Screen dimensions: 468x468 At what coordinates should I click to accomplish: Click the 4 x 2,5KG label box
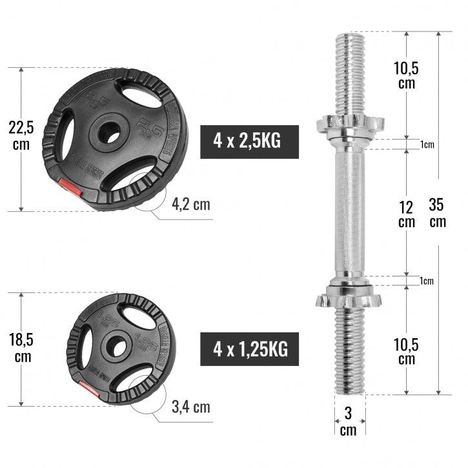249,141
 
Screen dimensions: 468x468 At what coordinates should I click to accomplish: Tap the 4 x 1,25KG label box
249,349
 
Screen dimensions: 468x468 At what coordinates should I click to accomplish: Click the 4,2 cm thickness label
191,205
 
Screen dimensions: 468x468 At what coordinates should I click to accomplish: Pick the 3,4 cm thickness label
191,407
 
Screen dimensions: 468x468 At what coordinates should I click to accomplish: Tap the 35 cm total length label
438,213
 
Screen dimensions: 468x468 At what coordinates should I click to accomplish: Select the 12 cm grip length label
406,214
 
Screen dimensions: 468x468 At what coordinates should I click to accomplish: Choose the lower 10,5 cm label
406,352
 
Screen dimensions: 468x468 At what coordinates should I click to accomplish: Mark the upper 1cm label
427,145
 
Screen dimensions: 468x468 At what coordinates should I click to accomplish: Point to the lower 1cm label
427,281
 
